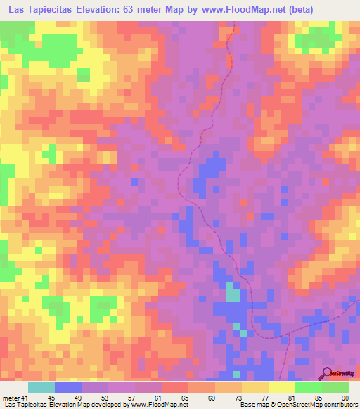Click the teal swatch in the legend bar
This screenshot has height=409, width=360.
click(41, 387)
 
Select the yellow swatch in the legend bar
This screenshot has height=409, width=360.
click(282, 387)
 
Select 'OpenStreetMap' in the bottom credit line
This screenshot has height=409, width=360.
click(294, 405)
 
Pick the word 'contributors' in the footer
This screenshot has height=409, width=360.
click(339, 405)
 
